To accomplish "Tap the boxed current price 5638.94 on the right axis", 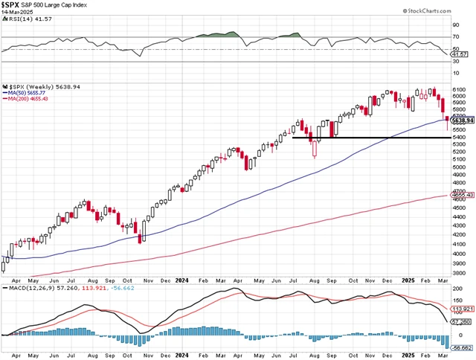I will (463, 120).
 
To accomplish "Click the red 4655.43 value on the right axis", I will (463, 195).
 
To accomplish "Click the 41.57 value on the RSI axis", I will (461, 54).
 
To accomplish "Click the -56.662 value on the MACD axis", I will (463, 347).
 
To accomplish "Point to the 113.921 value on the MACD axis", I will (463, 307).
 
